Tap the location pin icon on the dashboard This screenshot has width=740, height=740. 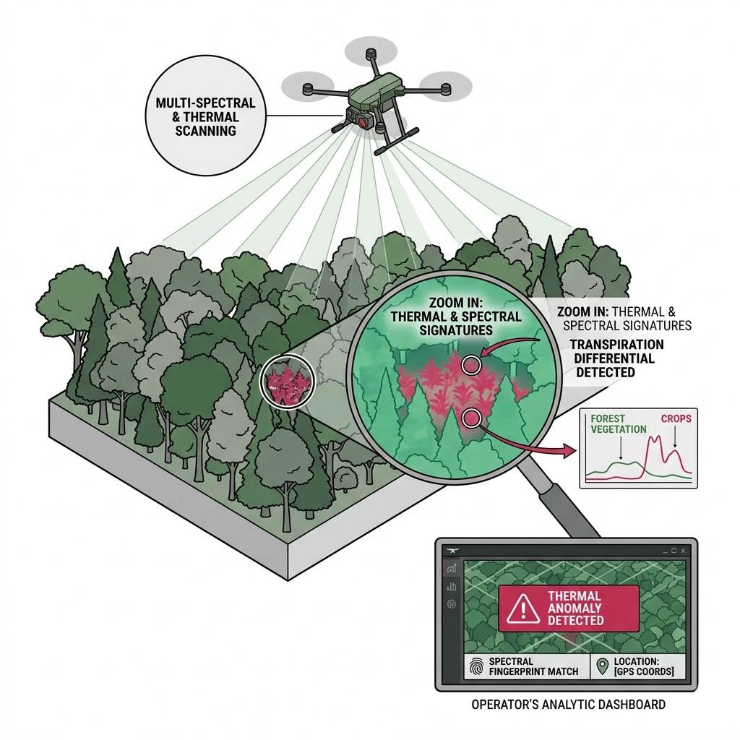[601, 665]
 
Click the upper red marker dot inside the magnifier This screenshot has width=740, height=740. [472, 365]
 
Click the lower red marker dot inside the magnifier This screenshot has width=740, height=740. [472, 417]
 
